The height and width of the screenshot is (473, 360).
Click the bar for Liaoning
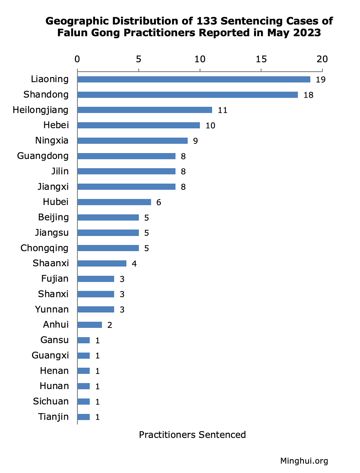pos(194,79)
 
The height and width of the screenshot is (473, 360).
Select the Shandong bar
pos(188,95)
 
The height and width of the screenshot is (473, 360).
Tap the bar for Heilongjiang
pos(145,110)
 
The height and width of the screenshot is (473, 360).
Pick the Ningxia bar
pos(132,140)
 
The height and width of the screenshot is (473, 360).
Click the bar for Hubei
pos(114,202)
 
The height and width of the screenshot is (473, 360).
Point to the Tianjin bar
pos(84,417)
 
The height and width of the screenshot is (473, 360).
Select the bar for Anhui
pos(90,325)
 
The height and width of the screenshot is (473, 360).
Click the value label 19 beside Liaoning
pos(320,80)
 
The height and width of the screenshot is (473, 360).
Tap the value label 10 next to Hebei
pos(210,125)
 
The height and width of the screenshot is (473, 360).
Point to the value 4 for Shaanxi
pos(134,264)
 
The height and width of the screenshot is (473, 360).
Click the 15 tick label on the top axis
pos(261,59)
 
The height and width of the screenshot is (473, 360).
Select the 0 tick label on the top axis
pos(77,59)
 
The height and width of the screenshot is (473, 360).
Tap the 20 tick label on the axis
pos(322,59)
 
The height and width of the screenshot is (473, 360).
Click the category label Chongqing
pos(44,248)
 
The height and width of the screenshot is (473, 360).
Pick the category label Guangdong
pos(43,156)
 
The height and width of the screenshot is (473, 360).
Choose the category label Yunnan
pos(52,309)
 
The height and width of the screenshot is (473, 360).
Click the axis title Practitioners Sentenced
pos(192,435)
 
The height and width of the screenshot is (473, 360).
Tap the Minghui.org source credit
pos(304,461)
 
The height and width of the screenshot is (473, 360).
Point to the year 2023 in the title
pos(306,33)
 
